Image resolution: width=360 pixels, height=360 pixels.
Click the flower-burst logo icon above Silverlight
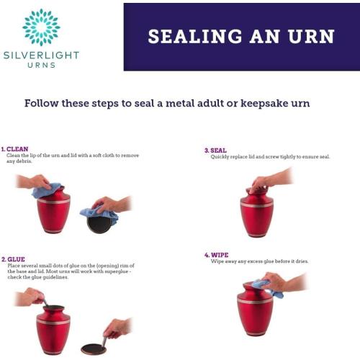[x=41, y=27]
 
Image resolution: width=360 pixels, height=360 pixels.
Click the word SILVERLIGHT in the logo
[x=41, y=55]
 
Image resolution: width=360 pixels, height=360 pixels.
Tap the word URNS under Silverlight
[x=42, y=65]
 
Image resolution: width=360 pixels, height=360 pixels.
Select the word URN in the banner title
[x=311, y=37]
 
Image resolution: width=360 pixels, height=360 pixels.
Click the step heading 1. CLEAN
[x=14, y=149]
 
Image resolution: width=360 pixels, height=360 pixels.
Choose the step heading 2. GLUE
[x=13, y=259]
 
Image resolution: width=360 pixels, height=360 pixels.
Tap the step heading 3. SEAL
[x=215, y=150]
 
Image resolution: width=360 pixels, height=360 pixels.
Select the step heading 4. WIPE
[x=217, y=255]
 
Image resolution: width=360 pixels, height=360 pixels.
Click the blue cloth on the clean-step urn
[x=45, y=191]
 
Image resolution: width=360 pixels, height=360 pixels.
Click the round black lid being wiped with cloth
[x=99, y=225]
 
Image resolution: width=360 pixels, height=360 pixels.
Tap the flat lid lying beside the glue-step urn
[x=94, y=349]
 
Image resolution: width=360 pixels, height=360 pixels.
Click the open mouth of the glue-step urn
[x=53, y=307]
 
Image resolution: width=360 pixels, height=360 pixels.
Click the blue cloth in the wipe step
[x=266, y=288]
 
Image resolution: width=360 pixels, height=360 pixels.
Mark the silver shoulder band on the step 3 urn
[x=257, y=204]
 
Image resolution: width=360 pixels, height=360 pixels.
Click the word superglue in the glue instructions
[x=117, y=271]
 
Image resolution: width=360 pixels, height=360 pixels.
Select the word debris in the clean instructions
[x=24, y=161]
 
